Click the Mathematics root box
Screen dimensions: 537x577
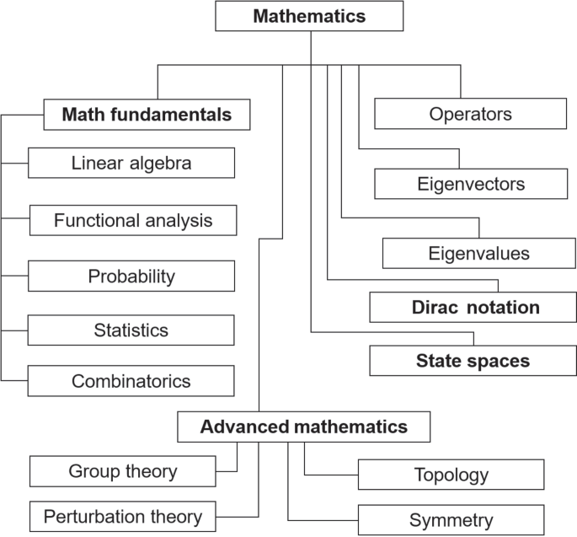[x=310, y=17]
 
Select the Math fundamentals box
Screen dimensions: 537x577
[x=147, y=115]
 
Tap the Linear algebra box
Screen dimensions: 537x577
[x=131, y=163]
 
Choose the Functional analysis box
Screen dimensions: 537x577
[x=133, y=221]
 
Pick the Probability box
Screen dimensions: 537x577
[x=131, y=276]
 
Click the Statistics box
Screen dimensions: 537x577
[x=131, y=330]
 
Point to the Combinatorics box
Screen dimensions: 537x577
[x=131, y=381]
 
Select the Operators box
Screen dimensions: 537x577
[x=470, y=114]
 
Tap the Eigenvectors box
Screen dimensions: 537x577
[x=471, y=184]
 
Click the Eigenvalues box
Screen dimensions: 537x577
[x=478, y=253]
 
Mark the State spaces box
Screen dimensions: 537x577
[x=473, y=361]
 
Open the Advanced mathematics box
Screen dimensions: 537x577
[x=303, y=427]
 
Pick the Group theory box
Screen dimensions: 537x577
[x=123, y=470]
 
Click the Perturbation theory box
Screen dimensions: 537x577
[x=123, y=517]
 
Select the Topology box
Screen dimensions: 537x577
[x=451, y=475]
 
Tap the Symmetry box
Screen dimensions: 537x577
[x=451, y=520]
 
